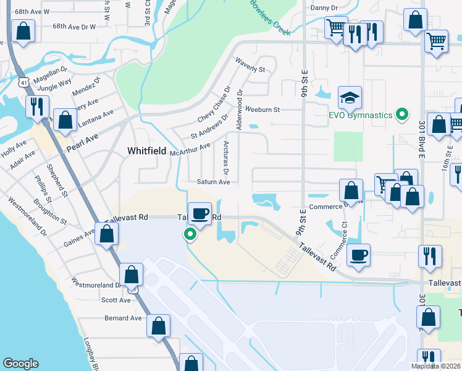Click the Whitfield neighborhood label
[x=147, y=150]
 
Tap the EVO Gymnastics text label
[x=360, y=115]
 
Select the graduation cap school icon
[x=349, y=98]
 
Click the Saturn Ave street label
[x=213, y=182]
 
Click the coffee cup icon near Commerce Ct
[x=358, y=255]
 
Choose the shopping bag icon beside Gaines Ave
[x=107, y=234]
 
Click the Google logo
[x=20, y=364]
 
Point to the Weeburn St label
[x=262, y=109]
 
